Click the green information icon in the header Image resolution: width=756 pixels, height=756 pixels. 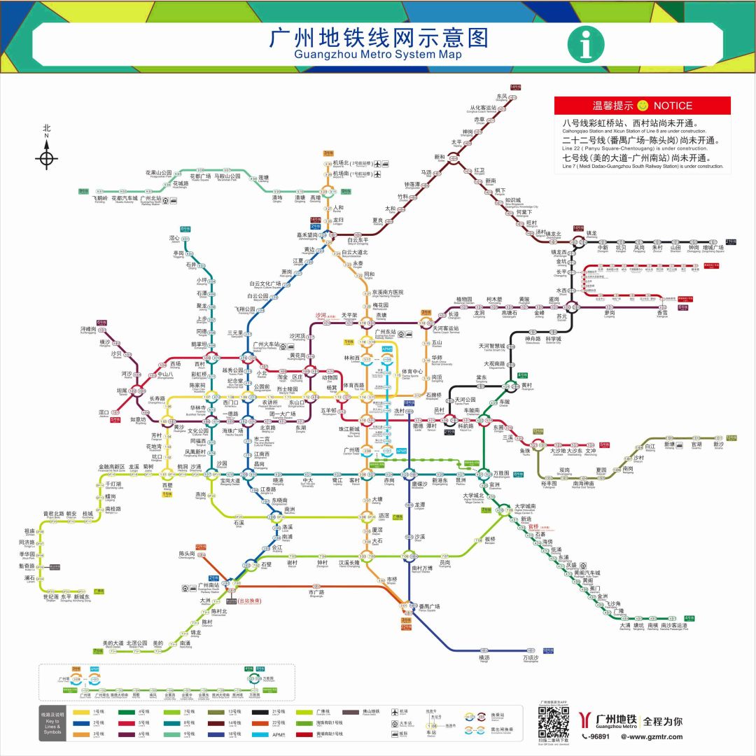coord(585,44)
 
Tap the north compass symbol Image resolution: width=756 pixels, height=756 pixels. coord(47,153)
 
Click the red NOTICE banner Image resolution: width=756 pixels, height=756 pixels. coord(642,106)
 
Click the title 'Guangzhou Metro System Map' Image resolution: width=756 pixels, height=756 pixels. coord(378,54)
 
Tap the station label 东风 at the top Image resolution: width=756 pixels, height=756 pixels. coord(501,97)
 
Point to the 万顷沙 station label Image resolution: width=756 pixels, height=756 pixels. coord(531,658)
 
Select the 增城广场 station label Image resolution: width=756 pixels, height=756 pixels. coord(713,247)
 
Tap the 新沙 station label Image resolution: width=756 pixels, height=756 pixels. coord(719,444)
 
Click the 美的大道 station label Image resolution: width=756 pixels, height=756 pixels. coord(113,643)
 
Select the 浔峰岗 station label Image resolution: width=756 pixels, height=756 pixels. coord(88,328)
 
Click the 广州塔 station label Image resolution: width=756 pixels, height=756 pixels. coord(351,450)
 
